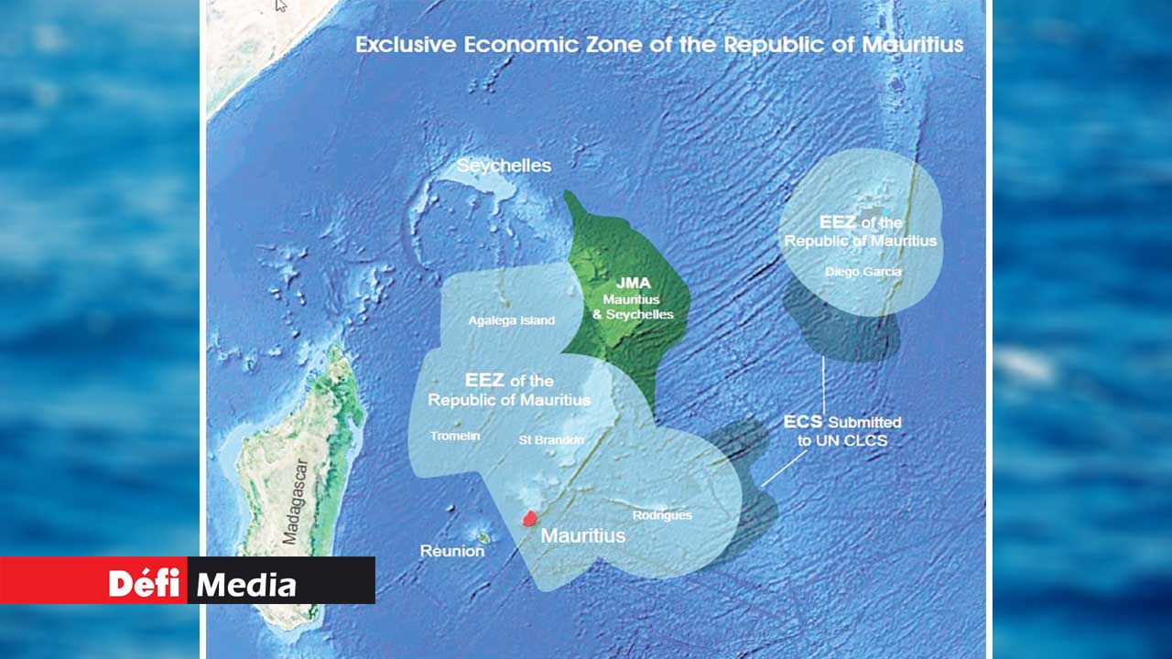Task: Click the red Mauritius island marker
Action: pos(528,518)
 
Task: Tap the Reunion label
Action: pos(451,551)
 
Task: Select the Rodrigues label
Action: pos(662,515)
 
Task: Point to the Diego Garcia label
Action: pos(863,272)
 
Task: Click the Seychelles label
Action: pos(504,166)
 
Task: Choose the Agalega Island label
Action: pos(511,320)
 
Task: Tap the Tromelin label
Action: pos(455,436)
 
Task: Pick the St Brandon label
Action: pos(551,439)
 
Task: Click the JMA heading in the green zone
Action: pos(634,283)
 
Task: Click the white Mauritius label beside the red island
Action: pos(583,535)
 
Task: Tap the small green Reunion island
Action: pos(482,537)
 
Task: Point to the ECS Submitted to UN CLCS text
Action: pos(842,431)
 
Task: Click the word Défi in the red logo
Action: pos(144,582)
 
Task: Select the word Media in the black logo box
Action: pos(246,585)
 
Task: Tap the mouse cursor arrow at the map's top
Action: pos(281,5)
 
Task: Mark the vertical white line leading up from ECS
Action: pos(823,384)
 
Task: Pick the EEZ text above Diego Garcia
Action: pos(839,221)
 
